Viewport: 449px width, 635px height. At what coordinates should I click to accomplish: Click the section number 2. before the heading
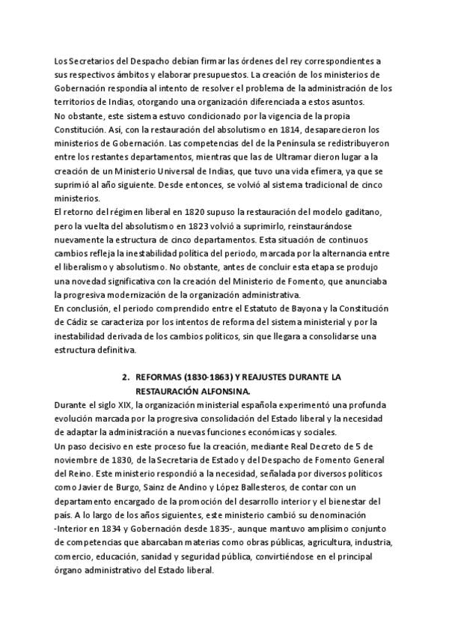coord(126,377)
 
